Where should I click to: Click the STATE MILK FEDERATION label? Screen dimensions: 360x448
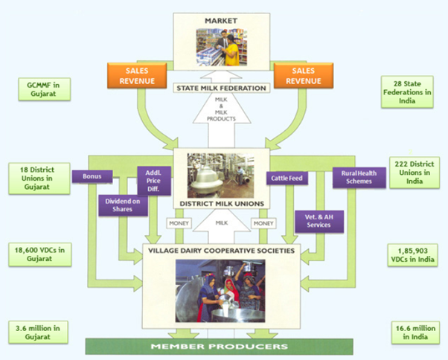pyautogui.click(x=222, y=89)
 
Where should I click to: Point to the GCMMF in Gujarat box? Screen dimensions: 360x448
pyautogui.click(x=42, y=90)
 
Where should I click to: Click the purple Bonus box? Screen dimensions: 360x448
pyautogui.click(x=92, y=177)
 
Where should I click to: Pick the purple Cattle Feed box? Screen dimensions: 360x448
pyautogui.click(x=286, y=177)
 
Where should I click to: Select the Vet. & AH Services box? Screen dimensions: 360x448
pyautogui.click(x=319, y=219)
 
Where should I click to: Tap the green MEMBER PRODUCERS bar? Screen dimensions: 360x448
pyautogui.click(x=222, y=347)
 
